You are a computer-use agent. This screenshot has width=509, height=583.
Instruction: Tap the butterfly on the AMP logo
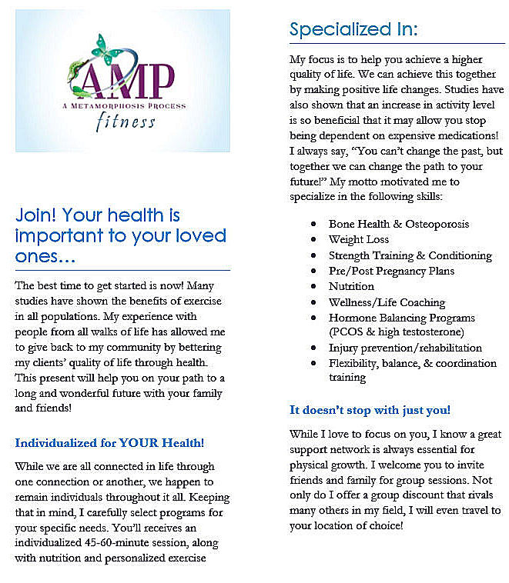pyautogui.click(x=107, y=50)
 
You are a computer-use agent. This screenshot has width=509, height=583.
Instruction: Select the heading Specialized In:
pyautogui.click(x=353, y=29)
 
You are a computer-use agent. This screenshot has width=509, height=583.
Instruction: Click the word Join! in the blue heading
pyautogui.click(x=35, y=215)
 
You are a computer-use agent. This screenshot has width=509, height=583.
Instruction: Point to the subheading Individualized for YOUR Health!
pyautogui.click(x=109, y=443)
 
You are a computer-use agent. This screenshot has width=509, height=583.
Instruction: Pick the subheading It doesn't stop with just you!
pyautogui.click(x=370, y=410)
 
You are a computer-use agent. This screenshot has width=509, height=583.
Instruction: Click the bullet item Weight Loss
pyautogui.click(x=359, y=240)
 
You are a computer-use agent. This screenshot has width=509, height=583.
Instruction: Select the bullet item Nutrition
pyautogui.click(x=352, y=286)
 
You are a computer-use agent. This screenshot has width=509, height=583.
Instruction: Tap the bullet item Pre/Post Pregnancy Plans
pyautogui.click(x=391, y=271)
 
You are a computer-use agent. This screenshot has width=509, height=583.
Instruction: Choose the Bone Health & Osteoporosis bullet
pyautogui.click(x=398, y=224)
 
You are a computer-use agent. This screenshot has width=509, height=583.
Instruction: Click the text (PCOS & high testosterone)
pyautogui.click(x=396, y=332)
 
